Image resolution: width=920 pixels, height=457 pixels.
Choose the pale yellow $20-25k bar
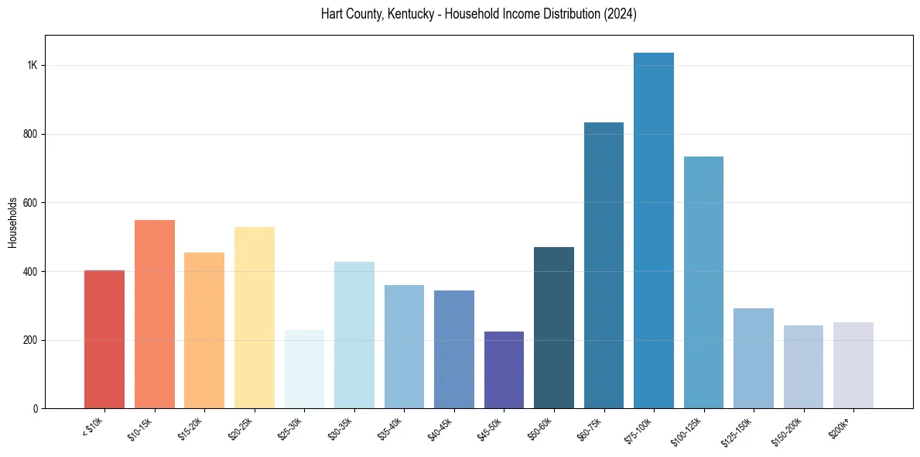(255, 318)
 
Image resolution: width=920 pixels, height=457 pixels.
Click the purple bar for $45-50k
(504, 369)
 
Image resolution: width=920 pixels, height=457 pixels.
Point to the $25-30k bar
(304, 369)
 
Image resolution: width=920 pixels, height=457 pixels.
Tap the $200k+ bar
(853, 365)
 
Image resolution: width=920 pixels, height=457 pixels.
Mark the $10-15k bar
(155, 314)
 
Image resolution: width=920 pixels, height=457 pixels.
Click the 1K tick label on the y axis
(32, 66)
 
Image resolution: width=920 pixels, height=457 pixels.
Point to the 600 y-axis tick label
(30, 203)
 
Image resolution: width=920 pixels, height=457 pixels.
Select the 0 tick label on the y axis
(35, 409)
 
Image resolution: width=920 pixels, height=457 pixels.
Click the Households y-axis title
(12, 222)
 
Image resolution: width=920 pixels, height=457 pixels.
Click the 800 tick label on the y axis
(30, 134)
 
